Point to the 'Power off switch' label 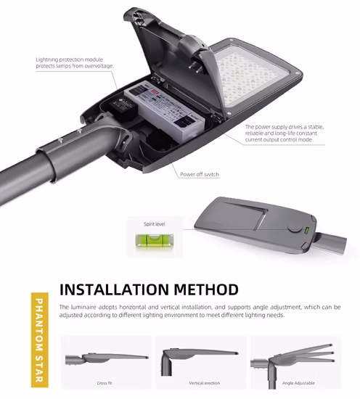click(197, 175)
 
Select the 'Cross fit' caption click(105, 382)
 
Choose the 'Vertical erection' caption click(200, 382)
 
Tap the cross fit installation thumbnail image click(105, 357)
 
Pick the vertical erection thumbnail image click(200, 357)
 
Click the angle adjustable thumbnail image click(295, 357)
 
